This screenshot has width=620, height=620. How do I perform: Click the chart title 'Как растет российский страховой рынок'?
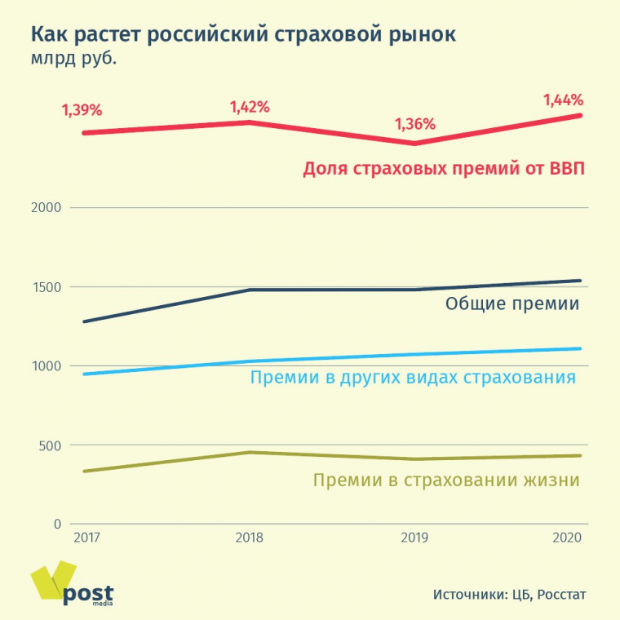243,36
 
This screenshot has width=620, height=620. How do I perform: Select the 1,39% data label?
82,109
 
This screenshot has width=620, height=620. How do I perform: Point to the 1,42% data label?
250,107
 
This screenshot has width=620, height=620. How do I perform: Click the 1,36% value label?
415,125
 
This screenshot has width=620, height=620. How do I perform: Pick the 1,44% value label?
564,100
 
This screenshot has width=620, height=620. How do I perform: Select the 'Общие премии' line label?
512,304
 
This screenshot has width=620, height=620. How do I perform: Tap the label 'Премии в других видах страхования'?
413,378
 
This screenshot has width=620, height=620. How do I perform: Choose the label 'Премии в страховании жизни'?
446,480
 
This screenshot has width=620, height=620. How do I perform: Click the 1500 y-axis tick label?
46,287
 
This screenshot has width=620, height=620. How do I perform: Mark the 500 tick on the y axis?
50,445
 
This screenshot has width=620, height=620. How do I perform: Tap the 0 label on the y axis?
57,525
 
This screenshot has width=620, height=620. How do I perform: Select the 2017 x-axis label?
86,538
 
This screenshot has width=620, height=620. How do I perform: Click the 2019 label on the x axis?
414,538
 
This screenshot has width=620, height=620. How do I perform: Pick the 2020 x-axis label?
566,538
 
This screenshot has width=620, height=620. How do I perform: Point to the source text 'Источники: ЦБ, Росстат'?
509,594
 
